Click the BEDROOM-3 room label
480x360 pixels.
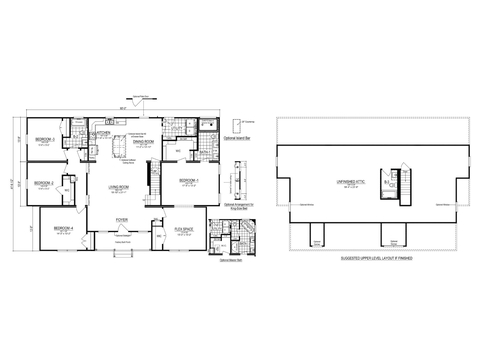(45, 138)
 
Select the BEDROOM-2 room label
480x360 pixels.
(42, 182)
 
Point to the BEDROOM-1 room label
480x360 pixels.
(190, 180)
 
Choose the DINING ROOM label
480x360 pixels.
(146, 142)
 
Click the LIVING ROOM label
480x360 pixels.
(120, 187)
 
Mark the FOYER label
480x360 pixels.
(121, 218)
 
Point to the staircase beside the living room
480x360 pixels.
(155, 186)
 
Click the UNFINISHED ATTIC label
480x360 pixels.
(332, 179)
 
